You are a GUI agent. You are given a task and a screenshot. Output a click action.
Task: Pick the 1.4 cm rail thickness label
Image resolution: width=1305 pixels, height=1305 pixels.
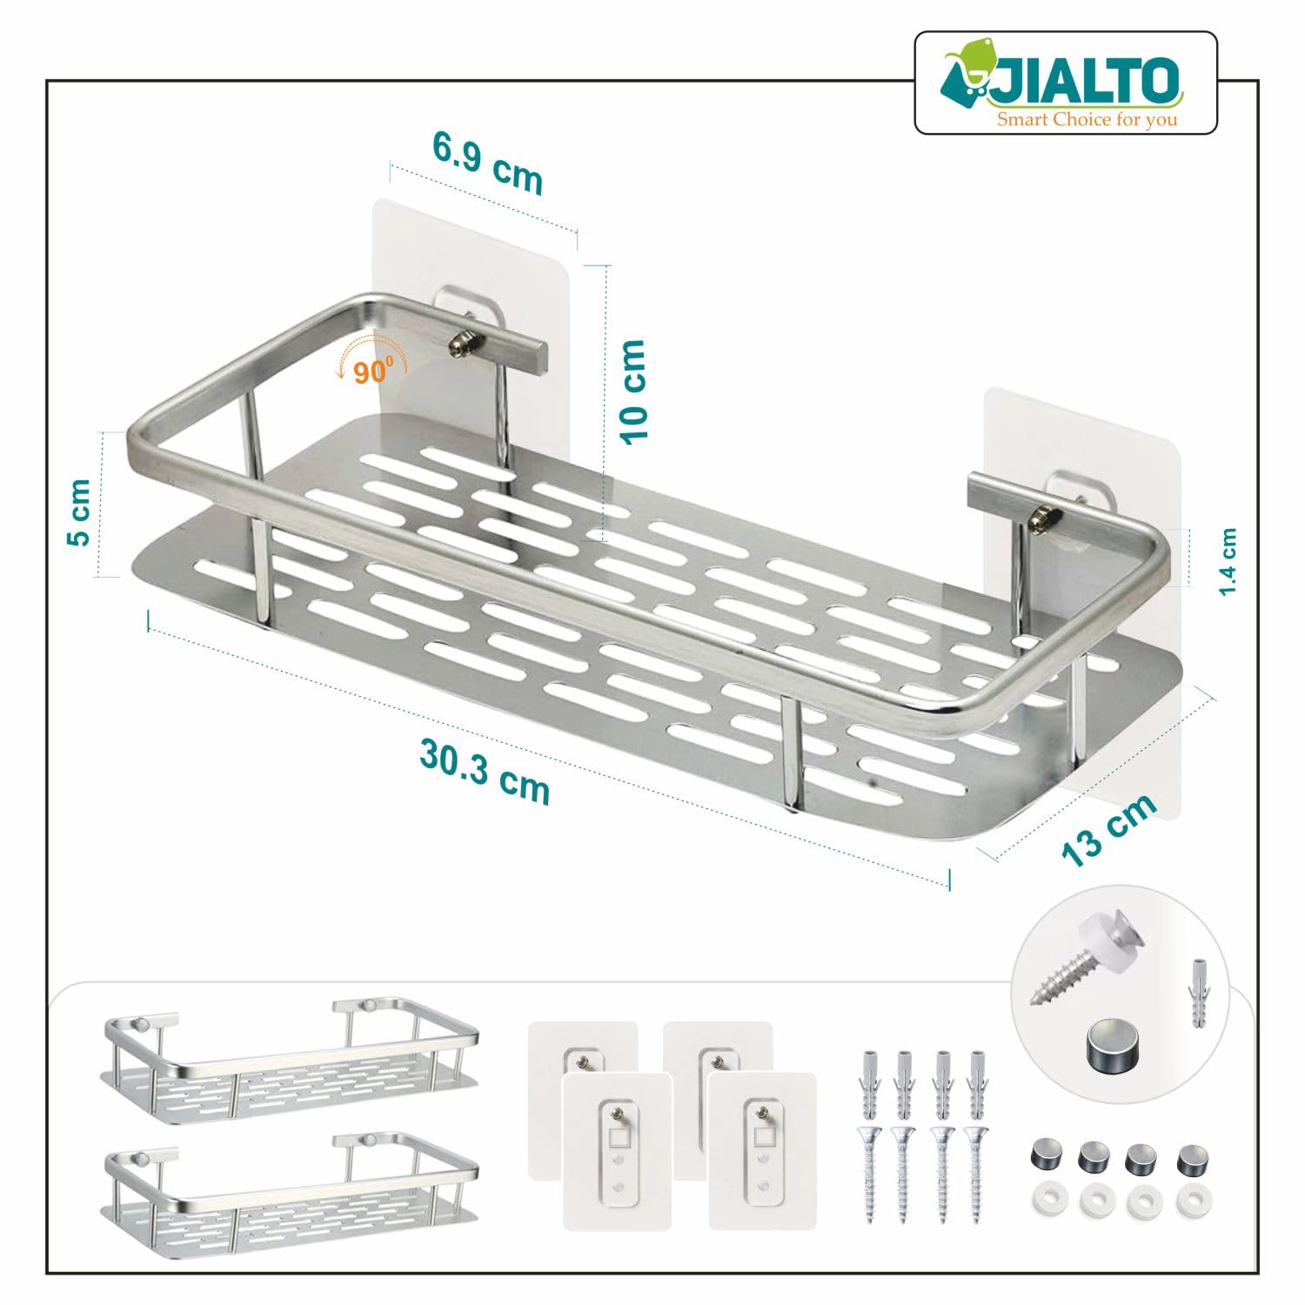(x=1228, y=562)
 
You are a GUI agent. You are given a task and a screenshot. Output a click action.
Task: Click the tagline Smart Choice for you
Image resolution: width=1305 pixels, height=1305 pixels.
(x=1087, y=118)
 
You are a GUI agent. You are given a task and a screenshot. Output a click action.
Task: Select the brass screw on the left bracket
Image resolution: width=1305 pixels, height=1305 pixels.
(x=461, y=345)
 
